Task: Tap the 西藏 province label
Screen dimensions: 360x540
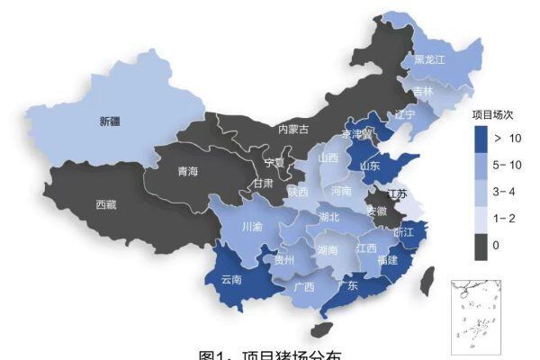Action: coord(106,204)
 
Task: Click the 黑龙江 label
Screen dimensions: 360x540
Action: coord(430,60)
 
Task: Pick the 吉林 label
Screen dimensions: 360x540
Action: coord(423,91)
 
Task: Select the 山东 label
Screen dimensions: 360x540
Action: coord(370,166)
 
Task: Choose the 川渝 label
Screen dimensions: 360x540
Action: coord(253,226)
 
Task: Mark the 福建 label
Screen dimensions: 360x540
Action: coord(388,260)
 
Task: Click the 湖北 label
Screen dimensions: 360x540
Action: coord(329,217)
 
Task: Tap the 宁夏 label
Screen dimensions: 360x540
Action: coord(274,163)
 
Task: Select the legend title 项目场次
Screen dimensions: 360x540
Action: coord(492,115)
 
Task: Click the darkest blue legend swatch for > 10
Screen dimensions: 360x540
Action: coord(482,139)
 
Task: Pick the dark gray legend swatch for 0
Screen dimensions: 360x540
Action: coord(482,245)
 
